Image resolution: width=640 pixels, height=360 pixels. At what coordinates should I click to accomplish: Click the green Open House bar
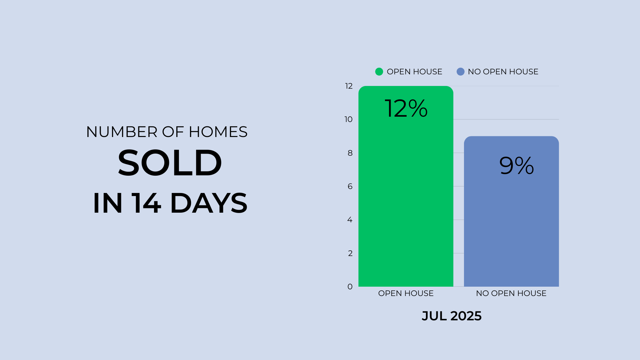coord(406,186)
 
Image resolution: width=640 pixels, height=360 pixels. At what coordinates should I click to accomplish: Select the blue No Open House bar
coord(511,211)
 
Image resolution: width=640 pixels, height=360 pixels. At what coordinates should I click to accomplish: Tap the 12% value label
coord(406,108)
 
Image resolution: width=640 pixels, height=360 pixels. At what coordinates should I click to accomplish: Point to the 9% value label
coord(517,165)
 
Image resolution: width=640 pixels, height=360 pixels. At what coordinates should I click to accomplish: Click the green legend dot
coord(379,72)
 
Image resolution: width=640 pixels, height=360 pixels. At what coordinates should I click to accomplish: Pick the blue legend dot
coord(460,72)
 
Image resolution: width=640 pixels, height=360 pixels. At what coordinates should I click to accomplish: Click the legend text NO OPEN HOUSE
coord(503,72)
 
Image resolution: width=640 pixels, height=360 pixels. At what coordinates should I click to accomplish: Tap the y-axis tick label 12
coord(349,86)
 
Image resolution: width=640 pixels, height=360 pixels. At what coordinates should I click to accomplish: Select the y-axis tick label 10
coord(348,119)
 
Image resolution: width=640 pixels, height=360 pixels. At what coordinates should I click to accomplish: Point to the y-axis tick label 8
coord(350,153)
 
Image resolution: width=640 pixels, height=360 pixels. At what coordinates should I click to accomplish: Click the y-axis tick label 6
coord(350,186)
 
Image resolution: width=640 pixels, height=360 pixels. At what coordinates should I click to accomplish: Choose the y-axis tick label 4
coord(350,220)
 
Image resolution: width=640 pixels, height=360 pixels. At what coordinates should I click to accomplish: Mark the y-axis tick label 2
coord(350,253)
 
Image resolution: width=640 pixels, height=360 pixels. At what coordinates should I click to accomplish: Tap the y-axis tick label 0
coord(350,287)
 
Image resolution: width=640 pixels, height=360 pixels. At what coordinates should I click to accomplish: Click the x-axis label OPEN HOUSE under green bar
coord(406,293)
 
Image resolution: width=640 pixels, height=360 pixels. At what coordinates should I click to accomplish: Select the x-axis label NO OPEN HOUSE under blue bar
coord(511,293)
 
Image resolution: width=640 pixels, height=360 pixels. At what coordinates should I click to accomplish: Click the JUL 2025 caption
coord(452,316)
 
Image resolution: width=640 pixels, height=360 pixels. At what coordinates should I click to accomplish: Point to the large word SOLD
coord(170,163)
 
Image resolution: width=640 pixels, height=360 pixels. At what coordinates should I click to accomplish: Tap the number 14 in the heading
coord(146,203)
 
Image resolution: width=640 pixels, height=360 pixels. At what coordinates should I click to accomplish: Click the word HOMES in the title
coord(218,132)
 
